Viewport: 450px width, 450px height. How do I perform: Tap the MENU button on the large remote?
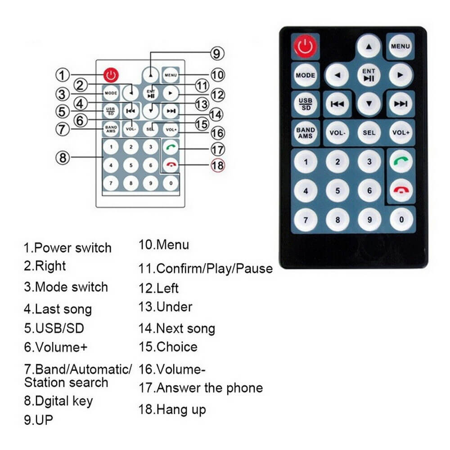400,46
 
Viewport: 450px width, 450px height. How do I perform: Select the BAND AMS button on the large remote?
306,133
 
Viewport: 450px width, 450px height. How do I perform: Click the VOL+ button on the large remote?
400,133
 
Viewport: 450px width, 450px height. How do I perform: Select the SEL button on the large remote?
369,133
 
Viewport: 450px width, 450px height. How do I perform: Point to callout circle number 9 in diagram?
216,54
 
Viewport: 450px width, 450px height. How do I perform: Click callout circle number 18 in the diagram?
217,165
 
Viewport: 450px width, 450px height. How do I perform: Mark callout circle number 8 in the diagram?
63,157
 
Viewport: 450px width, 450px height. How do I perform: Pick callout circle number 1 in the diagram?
63,74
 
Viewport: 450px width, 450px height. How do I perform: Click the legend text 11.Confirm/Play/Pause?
205,269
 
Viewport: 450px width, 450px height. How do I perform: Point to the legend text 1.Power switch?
67,248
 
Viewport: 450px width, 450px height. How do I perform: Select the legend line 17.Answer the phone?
201,388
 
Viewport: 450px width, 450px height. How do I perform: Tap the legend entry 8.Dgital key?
58,400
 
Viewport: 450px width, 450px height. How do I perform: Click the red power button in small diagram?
111,74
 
